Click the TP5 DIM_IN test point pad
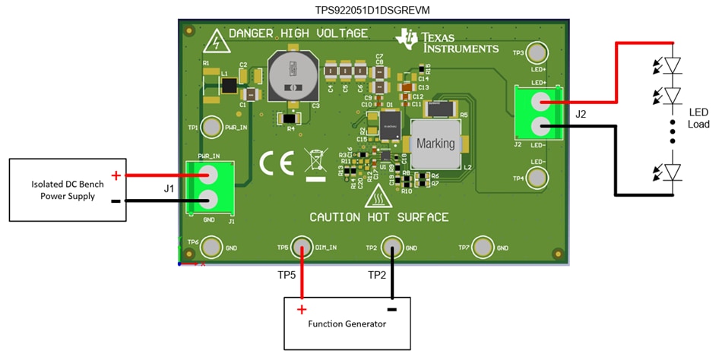click(302, 247)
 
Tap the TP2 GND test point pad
click(392, 247)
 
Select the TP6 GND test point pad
click(212, 247)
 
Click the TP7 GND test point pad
click(483, 247)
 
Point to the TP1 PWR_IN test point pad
click(212, 128)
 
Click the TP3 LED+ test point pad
click(538, 52)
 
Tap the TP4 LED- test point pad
click(538, 178)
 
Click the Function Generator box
click(347, 324)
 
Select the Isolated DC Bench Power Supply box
click(67, 190)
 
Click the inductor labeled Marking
click(435, 144)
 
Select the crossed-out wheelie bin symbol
click(315, 164)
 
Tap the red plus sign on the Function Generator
click(301, 309)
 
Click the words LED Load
click(698, 118)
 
